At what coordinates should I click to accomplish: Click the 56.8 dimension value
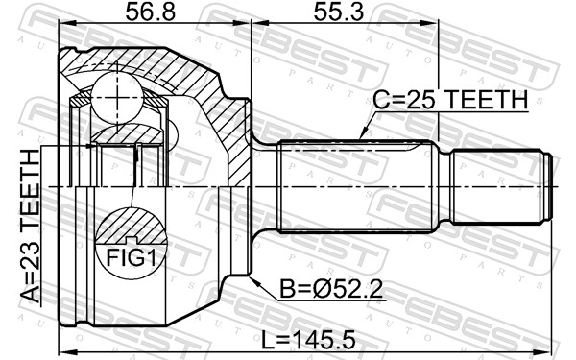(151, 12)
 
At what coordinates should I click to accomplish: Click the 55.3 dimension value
(338, 12)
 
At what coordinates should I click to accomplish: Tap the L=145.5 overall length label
(308, 340)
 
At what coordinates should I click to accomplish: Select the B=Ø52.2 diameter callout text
(331, 289)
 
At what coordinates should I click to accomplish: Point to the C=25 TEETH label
(450, 100)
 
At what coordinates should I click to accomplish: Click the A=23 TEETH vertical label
(30, 226)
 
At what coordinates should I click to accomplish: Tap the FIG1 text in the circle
(132, 257)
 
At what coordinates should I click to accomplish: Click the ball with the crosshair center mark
(117, 97)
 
